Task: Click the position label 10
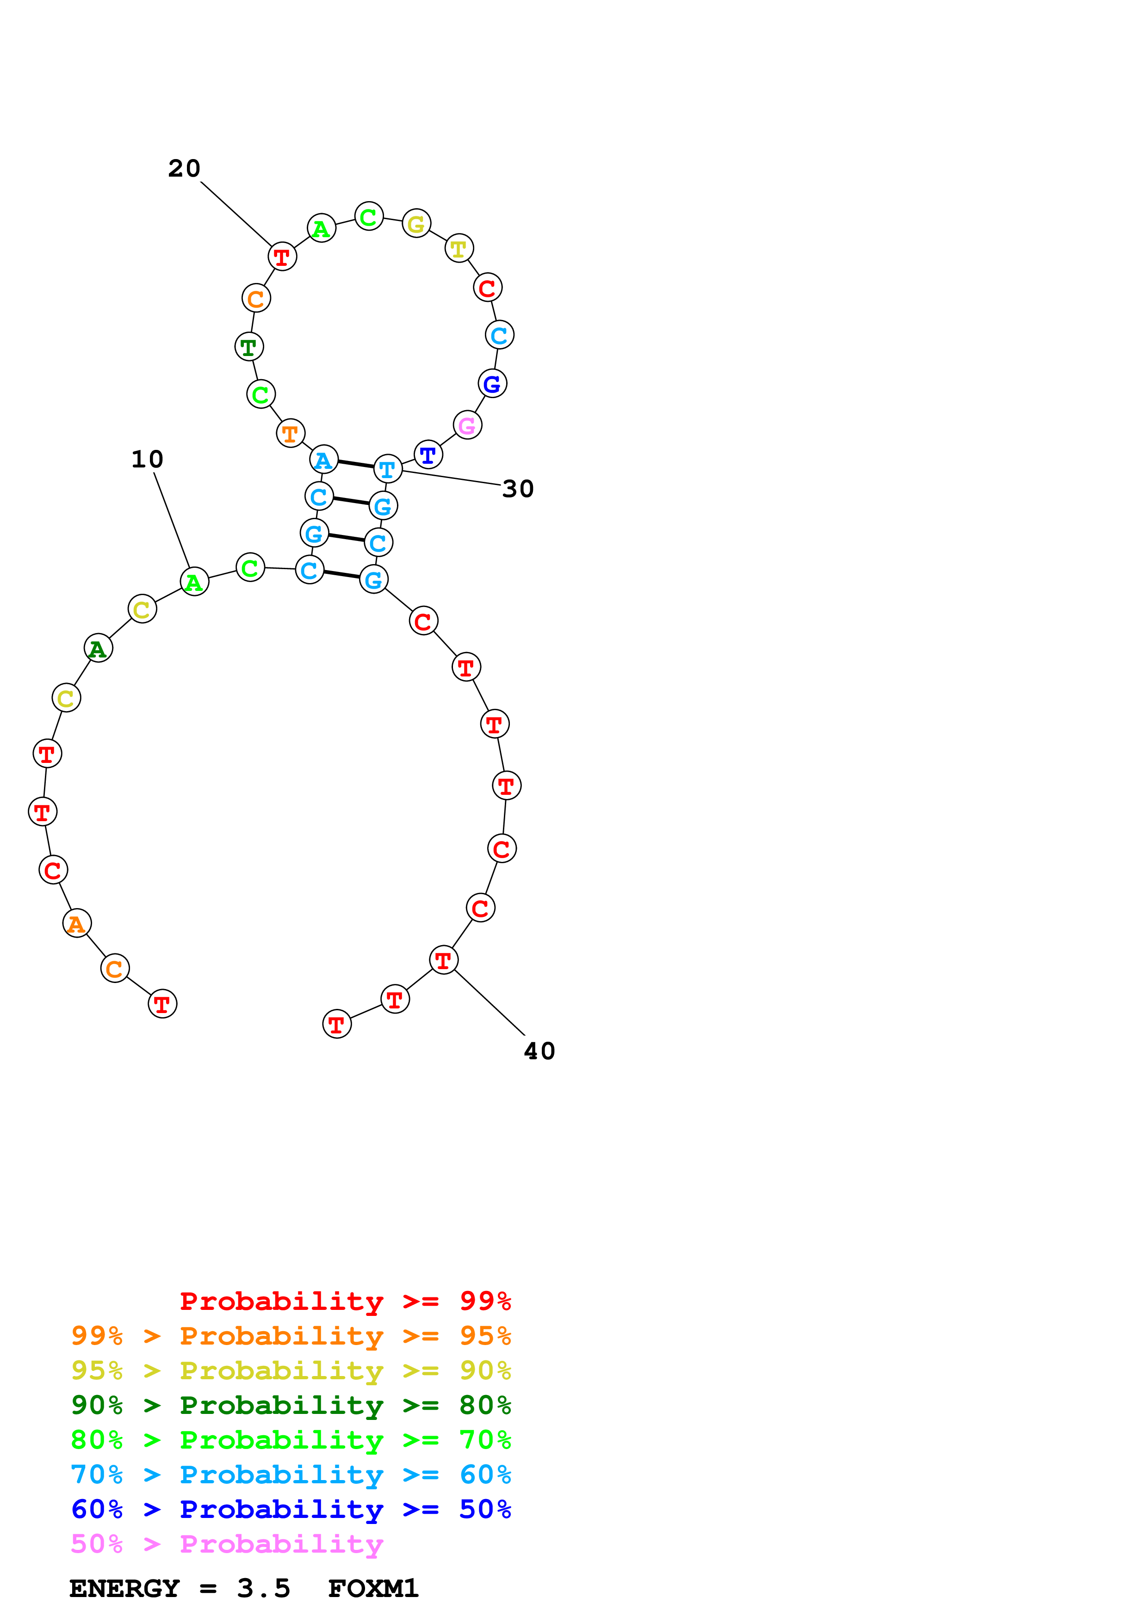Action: click(x=147, y=460)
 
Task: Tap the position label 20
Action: click(x=185, y=169)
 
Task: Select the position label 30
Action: click(x=518, y=489)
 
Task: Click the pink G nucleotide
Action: click(x=467, y=425)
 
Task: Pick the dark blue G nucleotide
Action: click(x=493, y=384)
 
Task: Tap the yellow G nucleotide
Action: click(x=416, y=224)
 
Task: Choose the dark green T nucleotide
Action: click(x=249, y=347)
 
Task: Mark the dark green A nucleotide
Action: click(x=98, y=649)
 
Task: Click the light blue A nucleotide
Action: click(x=324, y=460)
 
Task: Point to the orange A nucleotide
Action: click(x=76, y=923)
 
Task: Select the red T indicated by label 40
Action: click(x=443, y=960)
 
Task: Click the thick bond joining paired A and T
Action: click(x=355, y=464)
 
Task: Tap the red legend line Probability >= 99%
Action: click(x=346, y=1301)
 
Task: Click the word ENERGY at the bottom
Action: click(x=124, y=1589)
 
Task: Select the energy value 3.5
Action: click(x=264, y=1589)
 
